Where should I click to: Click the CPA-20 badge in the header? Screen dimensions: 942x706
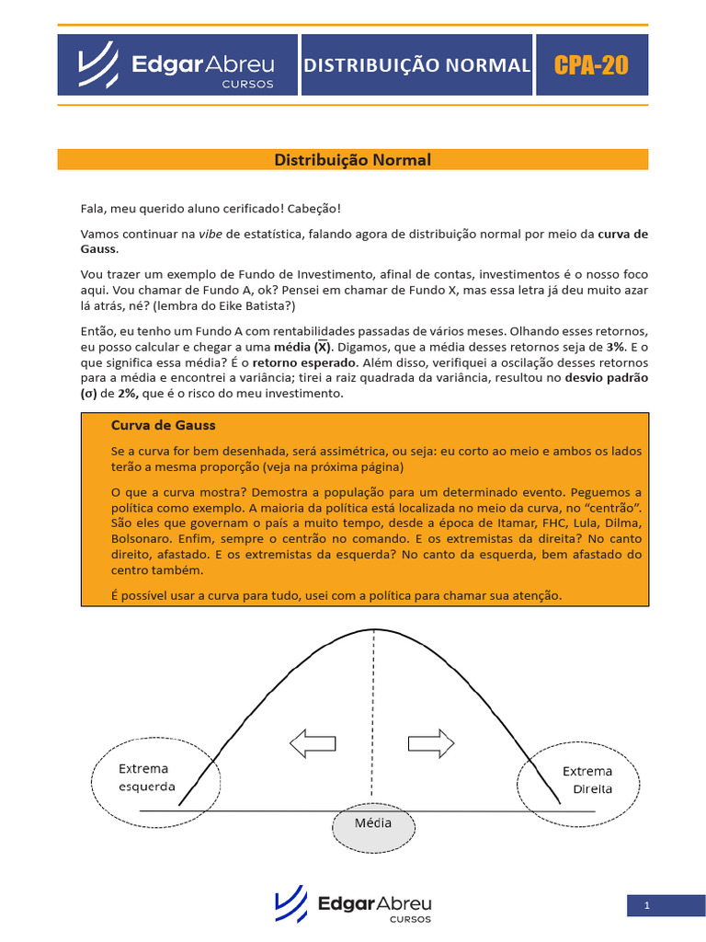[x=591, y=65]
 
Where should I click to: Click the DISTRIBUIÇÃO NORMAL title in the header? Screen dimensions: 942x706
[x=416, y=65]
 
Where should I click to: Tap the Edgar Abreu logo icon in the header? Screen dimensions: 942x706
[x=97, y=64]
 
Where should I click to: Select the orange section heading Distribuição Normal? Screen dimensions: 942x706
[x=353, y=160]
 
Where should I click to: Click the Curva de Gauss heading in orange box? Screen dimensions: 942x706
[x=163, y=425]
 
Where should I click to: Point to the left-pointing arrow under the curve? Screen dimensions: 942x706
[x=313, y=741]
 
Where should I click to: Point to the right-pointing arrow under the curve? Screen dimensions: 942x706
[x=430, y=741]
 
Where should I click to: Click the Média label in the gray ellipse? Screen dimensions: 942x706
[x=373, y=822]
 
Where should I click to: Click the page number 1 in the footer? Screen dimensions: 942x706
[x=647, y=905]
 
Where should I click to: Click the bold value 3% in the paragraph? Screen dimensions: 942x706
[x=615, y=347]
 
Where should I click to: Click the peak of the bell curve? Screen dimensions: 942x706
[x=372, y=629]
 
